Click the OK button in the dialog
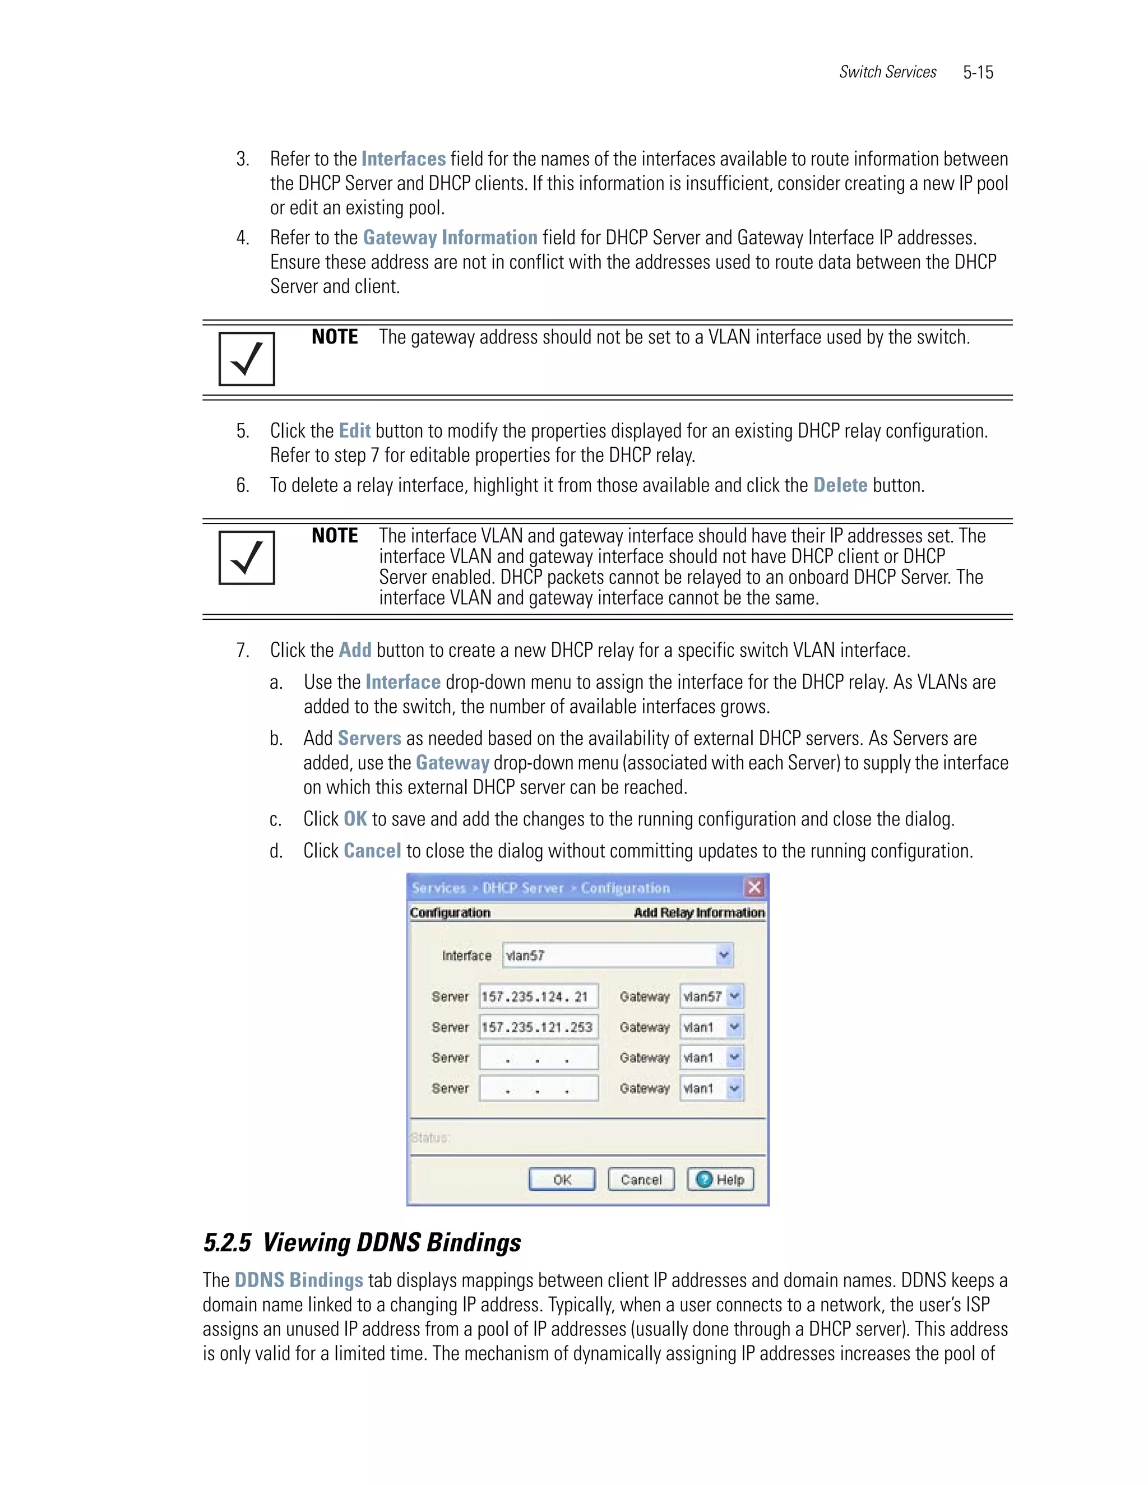tap(562, 1179)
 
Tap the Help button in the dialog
tap(720, 1179)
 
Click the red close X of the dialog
tap(754, 887)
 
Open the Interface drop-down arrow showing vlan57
tap(724, 955)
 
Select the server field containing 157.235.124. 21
tap(538, 996)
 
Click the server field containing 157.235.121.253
tap(538, 1027)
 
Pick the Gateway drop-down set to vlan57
tap(711, 996)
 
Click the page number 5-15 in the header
tap(978, 72)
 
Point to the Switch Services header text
tap(887, 72)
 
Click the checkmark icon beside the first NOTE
tap(247, 359)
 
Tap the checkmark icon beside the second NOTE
tap(247, 558)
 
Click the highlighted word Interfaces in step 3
tap(403, 159)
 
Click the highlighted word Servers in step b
tap(369, 738)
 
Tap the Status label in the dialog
tap(430, 1138)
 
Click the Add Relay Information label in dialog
tap(698, 912)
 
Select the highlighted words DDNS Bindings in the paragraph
tap(299, 1280)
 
